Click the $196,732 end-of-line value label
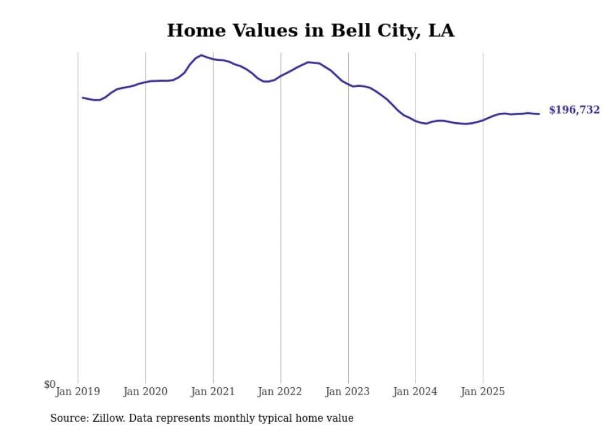574,110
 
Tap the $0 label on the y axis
49,385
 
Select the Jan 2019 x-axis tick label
78,392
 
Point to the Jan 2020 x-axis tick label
146,392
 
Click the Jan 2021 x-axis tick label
213,392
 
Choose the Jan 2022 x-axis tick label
280,392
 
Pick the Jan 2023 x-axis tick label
348,392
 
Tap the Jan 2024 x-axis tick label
415,392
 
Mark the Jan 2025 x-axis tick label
483,392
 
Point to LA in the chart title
441,31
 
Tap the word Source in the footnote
68,419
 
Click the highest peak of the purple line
201,55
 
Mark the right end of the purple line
539,114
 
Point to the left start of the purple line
83,97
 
